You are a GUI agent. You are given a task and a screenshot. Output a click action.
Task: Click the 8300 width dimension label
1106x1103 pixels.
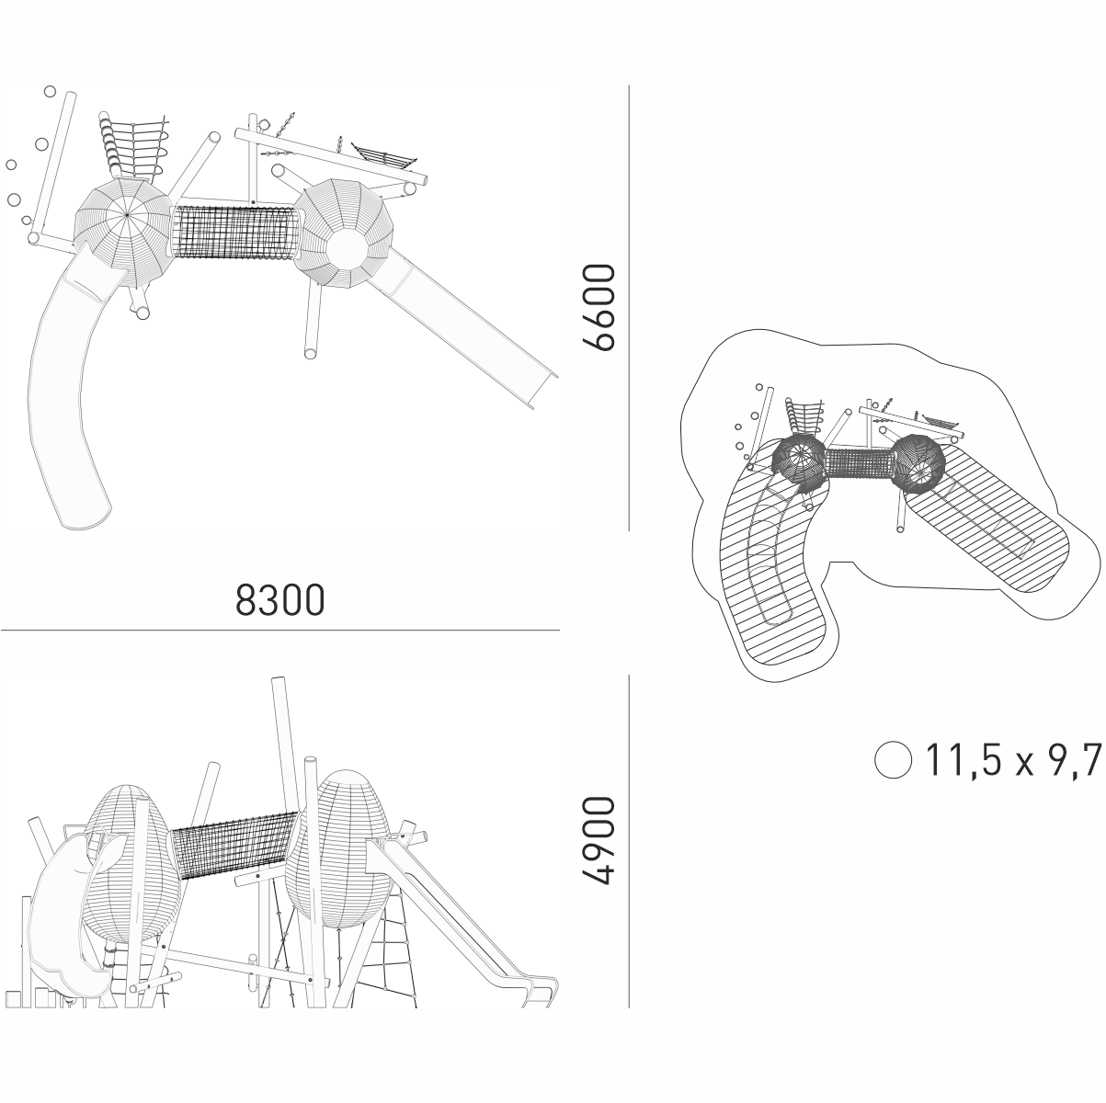(x=280, y=599)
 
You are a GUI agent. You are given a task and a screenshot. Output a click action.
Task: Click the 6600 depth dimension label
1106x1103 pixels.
(x=599, y=307)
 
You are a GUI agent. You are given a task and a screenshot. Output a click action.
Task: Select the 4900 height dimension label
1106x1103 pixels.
(x=599, y=839)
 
